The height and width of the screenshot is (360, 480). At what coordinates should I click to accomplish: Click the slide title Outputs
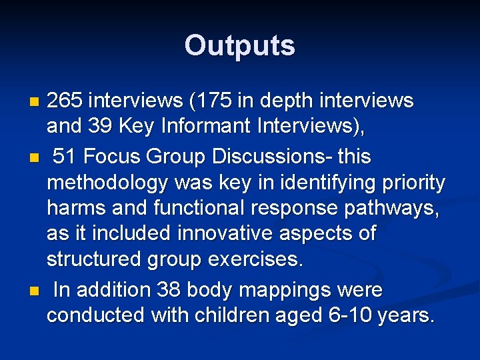[x=239, y=45]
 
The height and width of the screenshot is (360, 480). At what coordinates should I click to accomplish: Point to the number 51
[x=64, y=157]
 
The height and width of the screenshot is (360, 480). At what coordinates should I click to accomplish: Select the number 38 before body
[x=169, y=290]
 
